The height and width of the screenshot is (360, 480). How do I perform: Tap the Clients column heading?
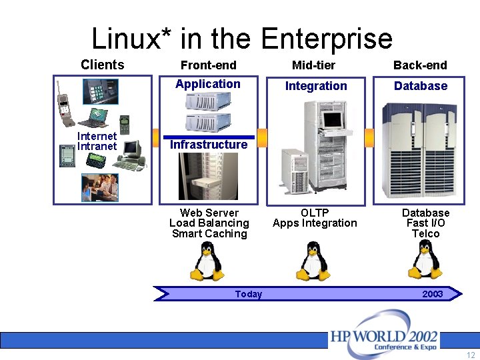tap(102, 65)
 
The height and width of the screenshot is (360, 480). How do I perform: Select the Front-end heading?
tap(208, 65)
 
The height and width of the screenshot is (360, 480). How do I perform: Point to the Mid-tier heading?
tap(313, 65)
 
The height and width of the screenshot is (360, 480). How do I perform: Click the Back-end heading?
tap(420, 65)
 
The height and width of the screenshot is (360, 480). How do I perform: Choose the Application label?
tap(208, 84)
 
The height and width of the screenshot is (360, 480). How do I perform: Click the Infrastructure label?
tap(209, 145)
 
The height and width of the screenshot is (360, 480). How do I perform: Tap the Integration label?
tap(316, 86)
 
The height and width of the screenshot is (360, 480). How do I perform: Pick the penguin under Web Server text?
tap(208, 261)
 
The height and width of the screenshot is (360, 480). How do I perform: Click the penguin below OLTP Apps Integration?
tap(313, 261)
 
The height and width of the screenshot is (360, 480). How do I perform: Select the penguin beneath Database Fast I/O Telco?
tap(425, 260)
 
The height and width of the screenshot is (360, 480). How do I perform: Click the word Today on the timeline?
tap(249, 294)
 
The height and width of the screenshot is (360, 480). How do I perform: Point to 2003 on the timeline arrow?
tap(432, 294)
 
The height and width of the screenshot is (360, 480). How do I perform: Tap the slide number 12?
tap(471, 355)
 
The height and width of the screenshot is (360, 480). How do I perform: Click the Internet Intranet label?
tap(97, 141)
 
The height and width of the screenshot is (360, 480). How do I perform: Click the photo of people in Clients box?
tap(100, 187)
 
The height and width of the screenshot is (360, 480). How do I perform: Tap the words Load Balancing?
tap(209, 223)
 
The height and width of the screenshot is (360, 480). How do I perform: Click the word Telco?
tap(425, 234)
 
